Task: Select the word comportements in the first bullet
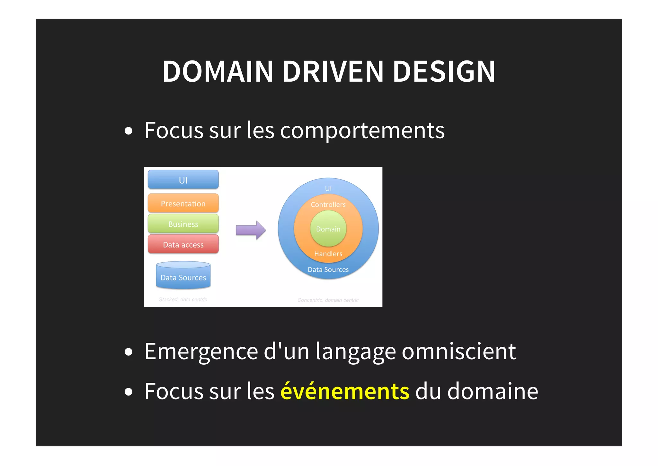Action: (x=362, y=131)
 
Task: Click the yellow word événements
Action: (x=345, y=391)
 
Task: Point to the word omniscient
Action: (x=459, y=351)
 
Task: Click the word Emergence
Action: (x=201, y=351)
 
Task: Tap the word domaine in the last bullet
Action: (x=493, y=391)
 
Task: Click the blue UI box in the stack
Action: (x=183, y=179)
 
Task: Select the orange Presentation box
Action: (x=183, y=203)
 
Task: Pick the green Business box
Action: (x=183, y=224)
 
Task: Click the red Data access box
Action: (x=183, y=244)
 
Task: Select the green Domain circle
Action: (x=328, y=229)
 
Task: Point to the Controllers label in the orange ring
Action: (x=328, y=205)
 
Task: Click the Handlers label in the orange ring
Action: (x=328, y=254)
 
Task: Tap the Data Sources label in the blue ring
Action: (x=328, y=270)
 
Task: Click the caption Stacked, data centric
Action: (x=183, y=299)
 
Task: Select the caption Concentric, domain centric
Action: (x=328, y=300)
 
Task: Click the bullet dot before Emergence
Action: (x=129, y=352)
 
